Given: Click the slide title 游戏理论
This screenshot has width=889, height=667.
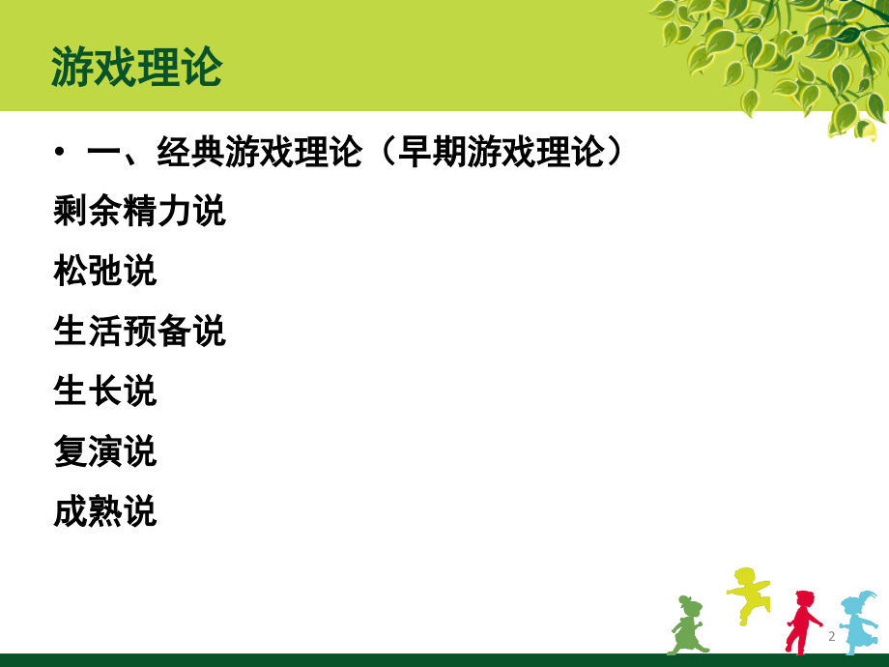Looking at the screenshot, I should pos(136,68).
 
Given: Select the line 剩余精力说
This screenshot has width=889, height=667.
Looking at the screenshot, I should pos(139,211).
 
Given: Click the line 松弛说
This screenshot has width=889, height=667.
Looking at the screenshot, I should pos(105,272).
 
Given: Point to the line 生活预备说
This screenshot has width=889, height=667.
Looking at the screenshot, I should pos(139,332).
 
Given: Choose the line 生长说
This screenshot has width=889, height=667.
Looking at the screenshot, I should pos(105,391).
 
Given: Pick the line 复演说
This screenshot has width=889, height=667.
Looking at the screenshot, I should pos(105,451).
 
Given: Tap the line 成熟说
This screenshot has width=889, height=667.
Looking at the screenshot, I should pos(105,511).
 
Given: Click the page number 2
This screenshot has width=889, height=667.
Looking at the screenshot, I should pos(831,637).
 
